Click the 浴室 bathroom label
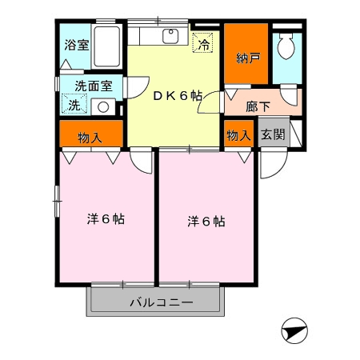pyautogui.click(x=77, y=45)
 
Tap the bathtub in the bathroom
pyautogui.click(x=106, y=46)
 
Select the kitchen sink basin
pyautogui.click(x=170, y=36)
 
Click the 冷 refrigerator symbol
pyautogui.click(x=203, y=42)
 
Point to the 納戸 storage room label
pyautogui.click(x=248, y=58)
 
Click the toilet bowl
pyautogui.click(x=286, y=46)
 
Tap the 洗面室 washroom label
pyautogui.click(x=94, y=86)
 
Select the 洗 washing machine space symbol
pyautogui.click(x=74, y=104)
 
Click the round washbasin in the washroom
pyautogui.click(x=103, y=107)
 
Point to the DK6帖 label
pyautogui.click(x=178, y=96)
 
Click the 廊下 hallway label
pyautogui.click(x=258, y=106)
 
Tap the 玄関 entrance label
pyautogui.click(x=273, y=134)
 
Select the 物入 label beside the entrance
pyautogui.click(x=239, y=135)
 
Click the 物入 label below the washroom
pyautogui.click(x=90, y=138)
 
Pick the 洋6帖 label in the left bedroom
pyautogui.click(x=106, y=219)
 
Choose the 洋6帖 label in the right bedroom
pyautogui.click(x=206, y=222)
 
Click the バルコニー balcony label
pyautogui.click(x=162, y=302)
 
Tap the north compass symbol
pyautogui.click(x=294, y=330)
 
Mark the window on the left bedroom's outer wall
pyautogui.click(x=57, y=201)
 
